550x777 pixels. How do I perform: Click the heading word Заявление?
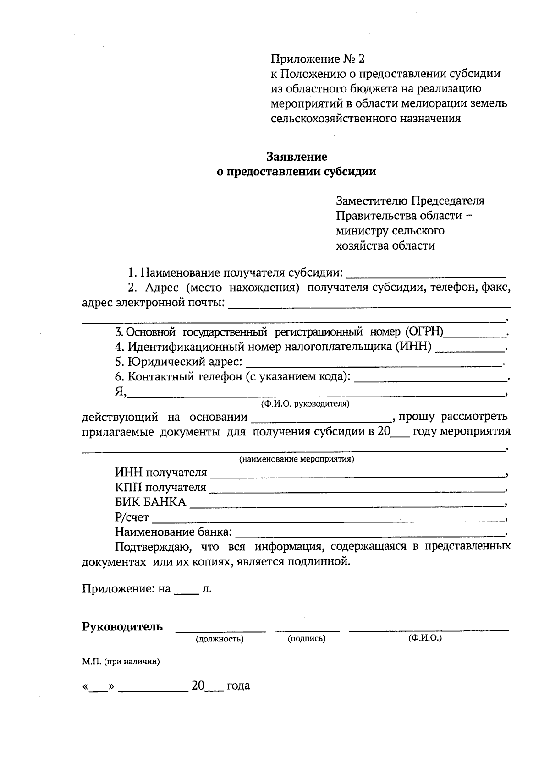(x=297, y=157)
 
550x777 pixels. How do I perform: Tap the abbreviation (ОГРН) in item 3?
(x=424, y=331)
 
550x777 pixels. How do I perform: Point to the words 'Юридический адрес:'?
(x=179, y=362)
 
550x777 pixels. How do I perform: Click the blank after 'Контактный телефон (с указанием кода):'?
(x=431, y=378)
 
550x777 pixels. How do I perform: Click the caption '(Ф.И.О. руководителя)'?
(x=305, y=404)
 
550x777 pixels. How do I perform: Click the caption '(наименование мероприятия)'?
(x=297, y=459)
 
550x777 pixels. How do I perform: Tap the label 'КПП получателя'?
(x=160, y=487)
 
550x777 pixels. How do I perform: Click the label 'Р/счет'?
(x=132, y=518)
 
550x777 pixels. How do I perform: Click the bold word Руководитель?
(x=122, y=627)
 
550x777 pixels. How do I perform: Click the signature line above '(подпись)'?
(x=307, y=630)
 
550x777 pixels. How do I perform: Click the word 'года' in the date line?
(x=238, y=686)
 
